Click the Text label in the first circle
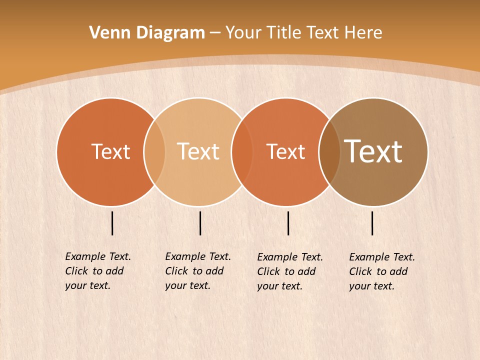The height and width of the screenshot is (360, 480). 110,151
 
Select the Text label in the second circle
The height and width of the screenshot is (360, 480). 198,151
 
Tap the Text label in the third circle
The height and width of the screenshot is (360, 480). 285,151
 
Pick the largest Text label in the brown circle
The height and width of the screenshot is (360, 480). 373,151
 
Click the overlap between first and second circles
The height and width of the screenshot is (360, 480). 154,152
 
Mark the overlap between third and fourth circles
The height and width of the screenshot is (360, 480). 329,152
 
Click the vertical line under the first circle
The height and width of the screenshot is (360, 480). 112,223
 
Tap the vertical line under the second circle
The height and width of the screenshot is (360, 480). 200,223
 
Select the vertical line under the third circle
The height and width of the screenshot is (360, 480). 288,223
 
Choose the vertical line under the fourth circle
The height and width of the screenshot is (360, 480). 372,223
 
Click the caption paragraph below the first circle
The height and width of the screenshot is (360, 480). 97,271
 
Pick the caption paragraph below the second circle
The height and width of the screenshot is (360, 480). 197,271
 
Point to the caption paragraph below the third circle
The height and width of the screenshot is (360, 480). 289,271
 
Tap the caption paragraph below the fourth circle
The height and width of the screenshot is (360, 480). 381,271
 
